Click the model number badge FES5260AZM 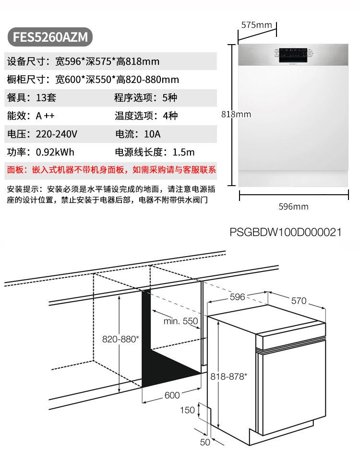pyautogui.click(x=50, y=37)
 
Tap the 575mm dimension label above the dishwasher pyautogui.click(x=256, y=25)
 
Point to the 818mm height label pyautogui.click(x=236, y=114)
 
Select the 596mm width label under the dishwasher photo pyautogui.click(x=293, y=207)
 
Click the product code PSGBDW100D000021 pyautogui.click(x=286, y=232)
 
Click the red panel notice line pyautogui.click(x=111, y=170)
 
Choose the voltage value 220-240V pyautogui.click(x=57, y=134)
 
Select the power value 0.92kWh pyautogui.click(x=55, y=152)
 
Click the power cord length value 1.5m pyautogui.click(x=183, y=152)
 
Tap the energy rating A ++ pyautogui.click(x=45, y=116)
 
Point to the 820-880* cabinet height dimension pyautogui.click(x=120, y=339)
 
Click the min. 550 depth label pyautogui.click(x=180, y=321)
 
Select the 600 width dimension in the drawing pyautogui.click(x=172, y=395)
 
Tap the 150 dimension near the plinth pyautogui.click(x=187, y=410)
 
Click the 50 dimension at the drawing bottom pyautogui.click(x=205, y=442)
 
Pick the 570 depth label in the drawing pyautogui.click(x=299, y=301)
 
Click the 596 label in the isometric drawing pyautogui.click(x=237, y=297)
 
